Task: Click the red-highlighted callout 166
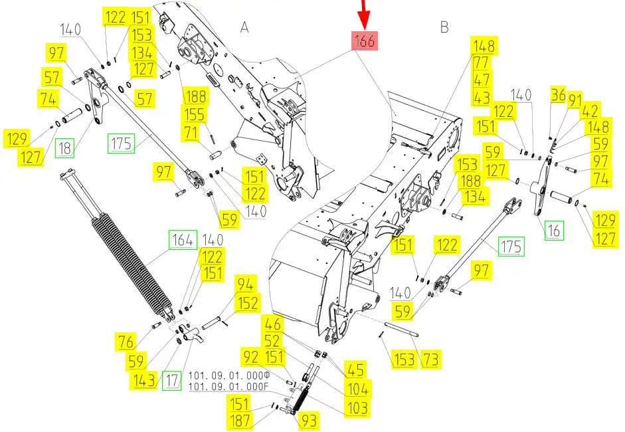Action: (x=365, y=41)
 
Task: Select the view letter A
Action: (x=244, y=27)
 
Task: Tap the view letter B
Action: (x=444, y=27)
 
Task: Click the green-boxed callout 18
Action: (x=64, y=148)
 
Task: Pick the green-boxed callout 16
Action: (x=555, y=230)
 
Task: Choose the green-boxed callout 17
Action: (x=172, y=381)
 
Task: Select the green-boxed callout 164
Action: (x=183, y=240)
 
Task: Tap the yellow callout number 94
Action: (x=244, y=284)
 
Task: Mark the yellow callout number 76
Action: (x=126, y=342)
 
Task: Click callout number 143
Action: (x=144, y=381)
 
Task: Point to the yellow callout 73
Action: (x=431, y=360)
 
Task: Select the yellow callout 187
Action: (x=240, y=421)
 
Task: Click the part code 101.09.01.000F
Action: (x=228, y=387)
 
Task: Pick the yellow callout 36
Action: (x=558, y=94)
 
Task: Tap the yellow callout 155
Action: (x=195, y=114)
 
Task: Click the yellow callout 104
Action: (x=358, y=389)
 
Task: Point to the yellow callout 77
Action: (x=481, y=62)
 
